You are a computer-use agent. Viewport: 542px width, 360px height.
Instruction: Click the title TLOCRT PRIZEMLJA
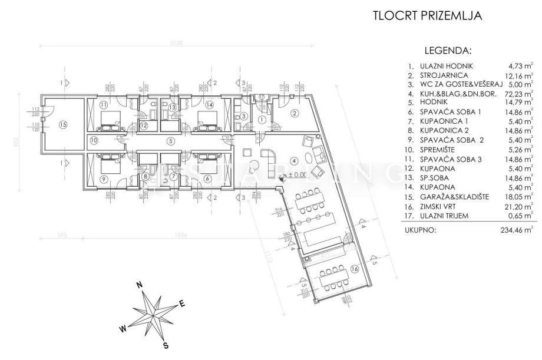428,16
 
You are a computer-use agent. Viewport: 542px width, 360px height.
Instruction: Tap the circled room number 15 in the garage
63,124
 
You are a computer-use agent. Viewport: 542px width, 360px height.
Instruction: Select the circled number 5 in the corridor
170,140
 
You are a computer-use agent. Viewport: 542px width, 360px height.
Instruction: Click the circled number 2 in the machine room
295,114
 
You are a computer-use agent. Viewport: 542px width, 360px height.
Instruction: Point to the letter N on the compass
140,285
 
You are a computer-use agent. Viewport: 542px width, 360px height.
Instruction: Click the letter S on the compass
167,345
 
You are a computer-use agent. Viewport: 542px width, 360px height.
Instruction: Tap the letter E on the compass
183,304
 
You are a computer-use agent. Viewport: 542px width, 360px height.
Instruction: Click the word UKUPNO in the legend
421,230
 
